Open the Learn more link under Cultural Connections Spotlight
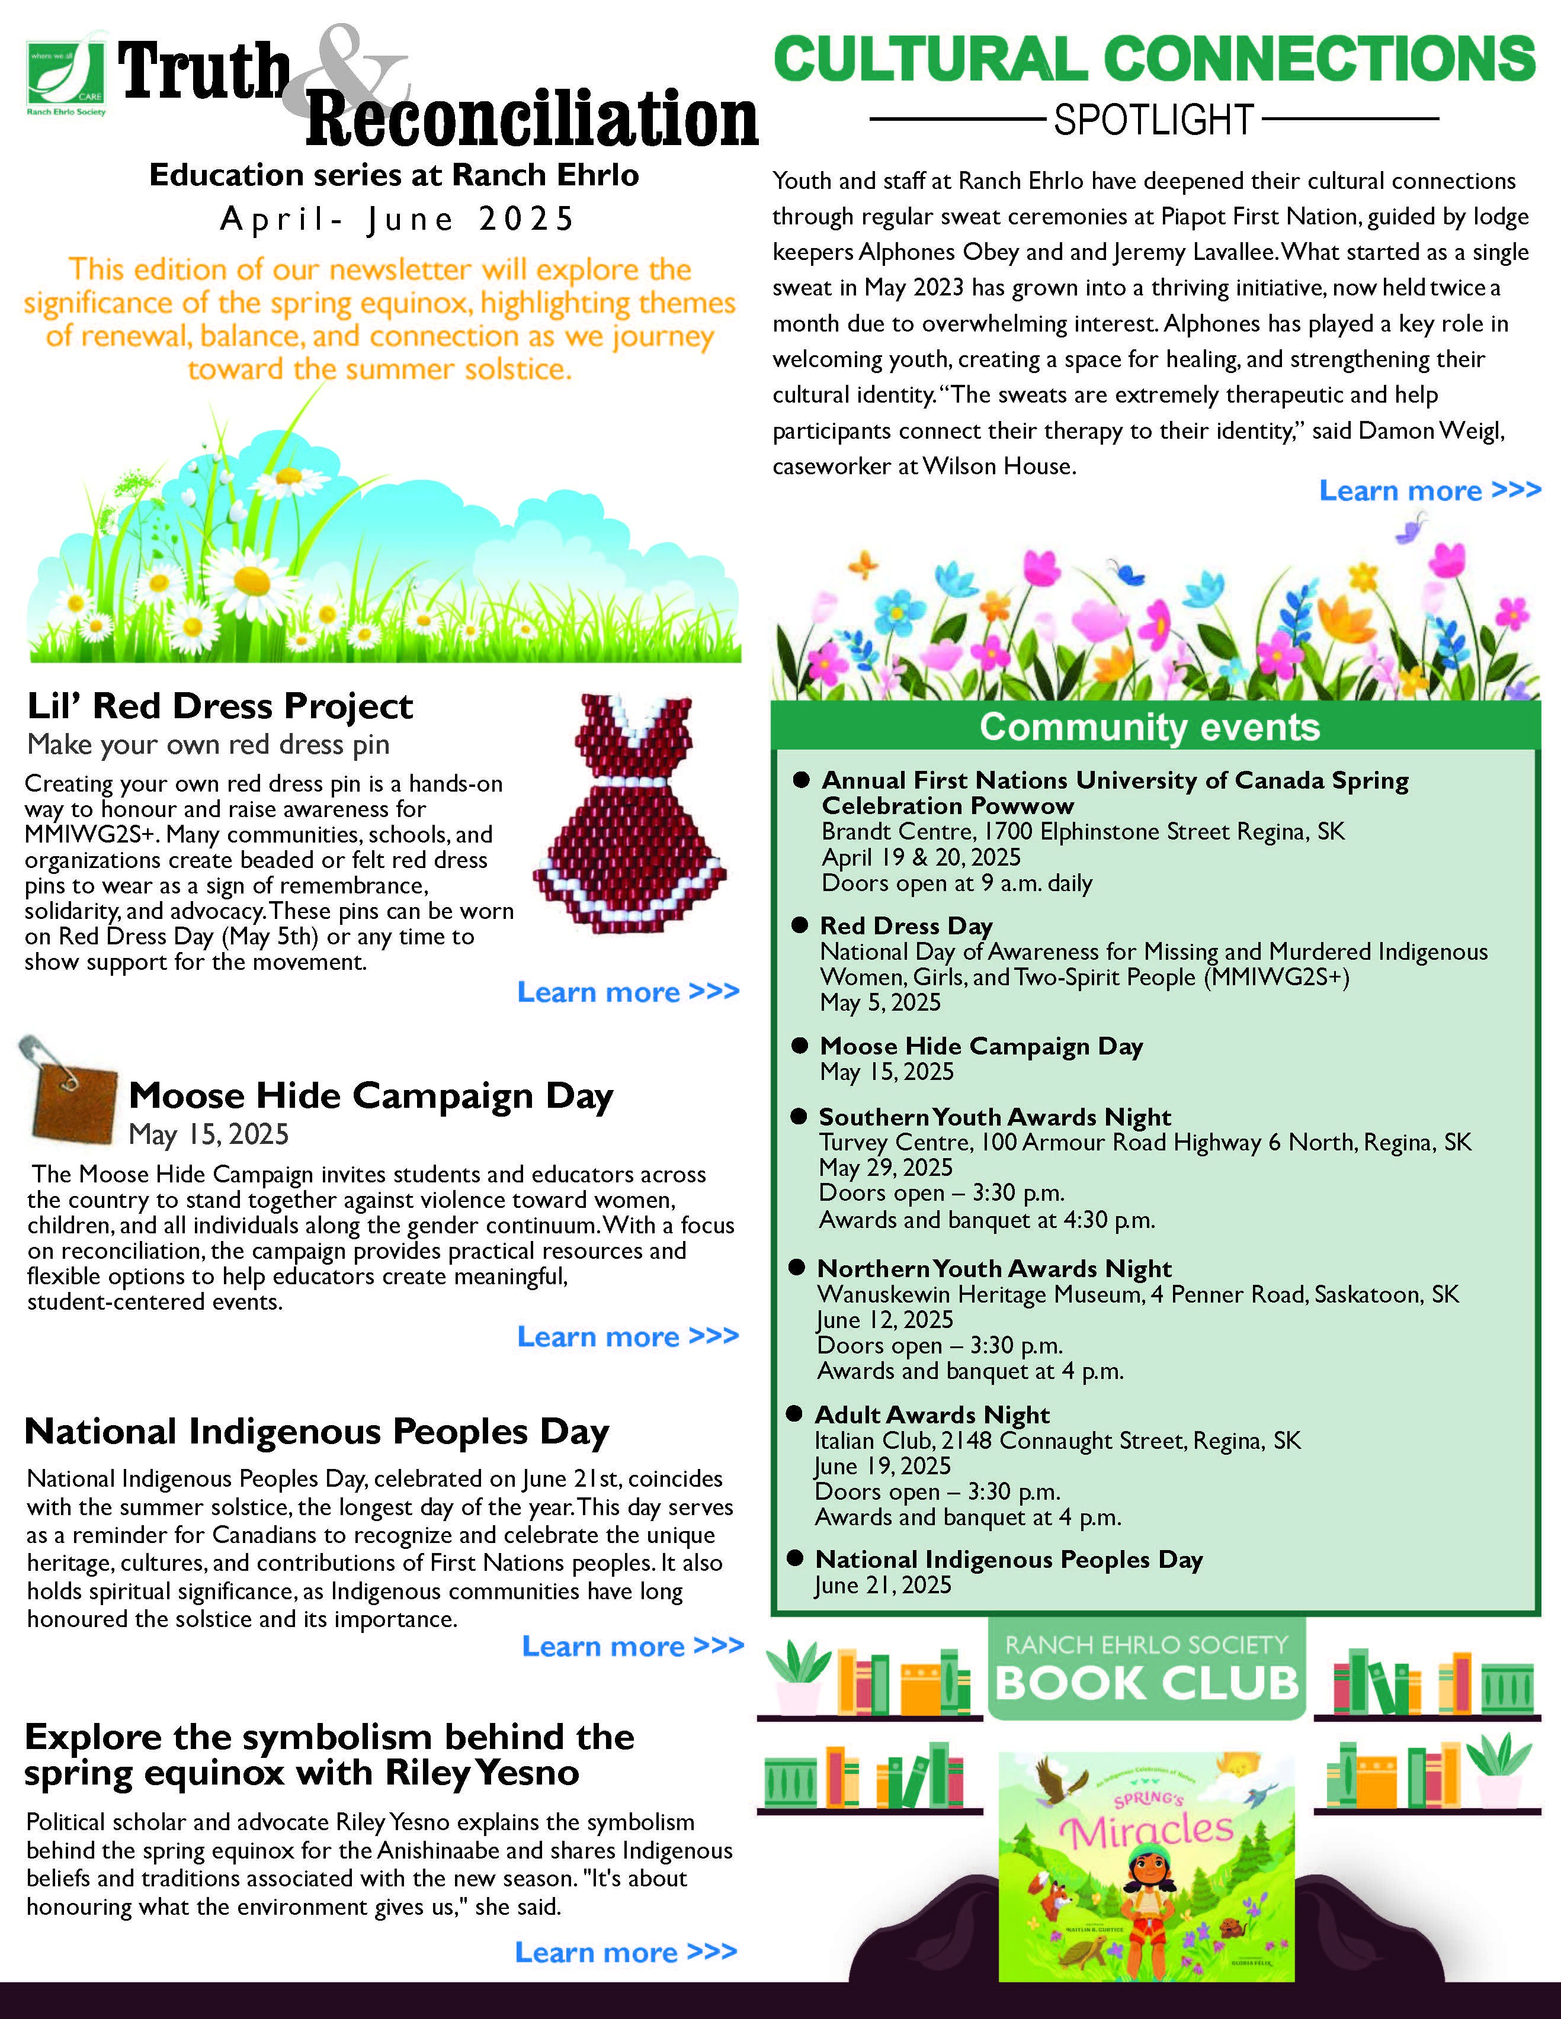[1429, 491]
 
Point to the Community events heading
[1149, 728]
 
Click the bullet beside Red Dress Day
[800, 925]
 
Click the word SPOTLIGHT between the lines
[1153, 120]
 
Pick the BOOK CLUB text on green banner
[1147, 1683]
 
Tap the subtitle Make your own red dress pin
[208, 744]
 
